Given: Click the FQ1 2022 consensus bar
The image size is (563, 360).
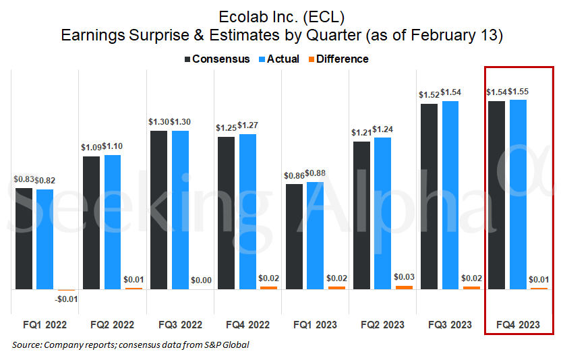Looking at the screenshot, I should (24, 238).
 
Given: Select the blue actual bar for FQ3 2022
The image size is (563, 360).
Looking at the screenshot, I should (180, 210).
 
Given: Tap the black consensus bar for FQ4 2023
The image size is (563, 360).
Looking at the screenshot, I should (496, 195).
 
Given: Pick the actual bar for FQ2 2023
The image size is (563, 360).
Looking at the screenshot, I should (382, 213).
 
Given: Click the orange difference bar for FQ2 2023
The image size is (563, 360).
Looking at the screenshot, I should (404, 287).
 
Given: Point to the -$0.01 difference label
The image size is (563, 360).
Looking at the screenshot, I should (65, 299).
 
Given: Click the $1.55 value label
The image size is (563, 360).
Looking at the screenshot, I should (518, 91).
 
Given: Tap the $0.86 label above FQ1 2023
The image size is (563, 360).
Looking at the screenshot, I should (295, 175).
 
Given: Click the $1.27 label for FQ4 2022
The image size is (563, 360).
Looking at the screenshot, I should (248, 125).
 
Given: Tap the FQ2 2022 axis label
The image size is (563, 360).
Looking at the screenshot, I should (113, 325).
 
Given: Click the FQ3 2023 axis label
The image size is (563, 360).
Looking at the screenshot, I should (450, 325).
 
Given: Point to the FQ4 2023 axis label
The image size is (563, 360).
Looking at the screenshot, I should (518, 325).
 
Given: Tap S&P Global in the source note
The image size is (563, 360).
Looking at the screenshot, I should (226, 345).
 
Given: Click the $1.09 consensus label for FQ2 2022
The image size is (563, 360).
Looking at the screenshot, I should (92, 147).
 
